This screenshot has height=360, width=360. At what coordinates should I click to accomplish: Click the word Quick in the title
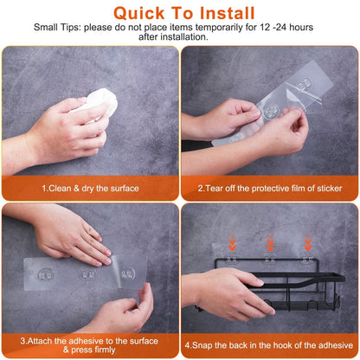click(143, 14)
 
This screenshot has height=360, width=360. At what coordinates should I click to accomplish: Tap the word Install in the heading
click(227, 14)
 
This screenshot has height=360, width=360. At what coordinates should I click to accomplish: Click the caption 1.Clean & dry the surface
click(89, 188)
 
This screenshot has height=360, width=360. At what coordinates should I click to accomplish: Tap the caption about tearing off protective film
click(269, 188)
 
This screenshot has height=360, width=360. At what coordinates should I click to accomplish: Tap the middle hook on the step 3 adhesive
click(87, 274)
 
